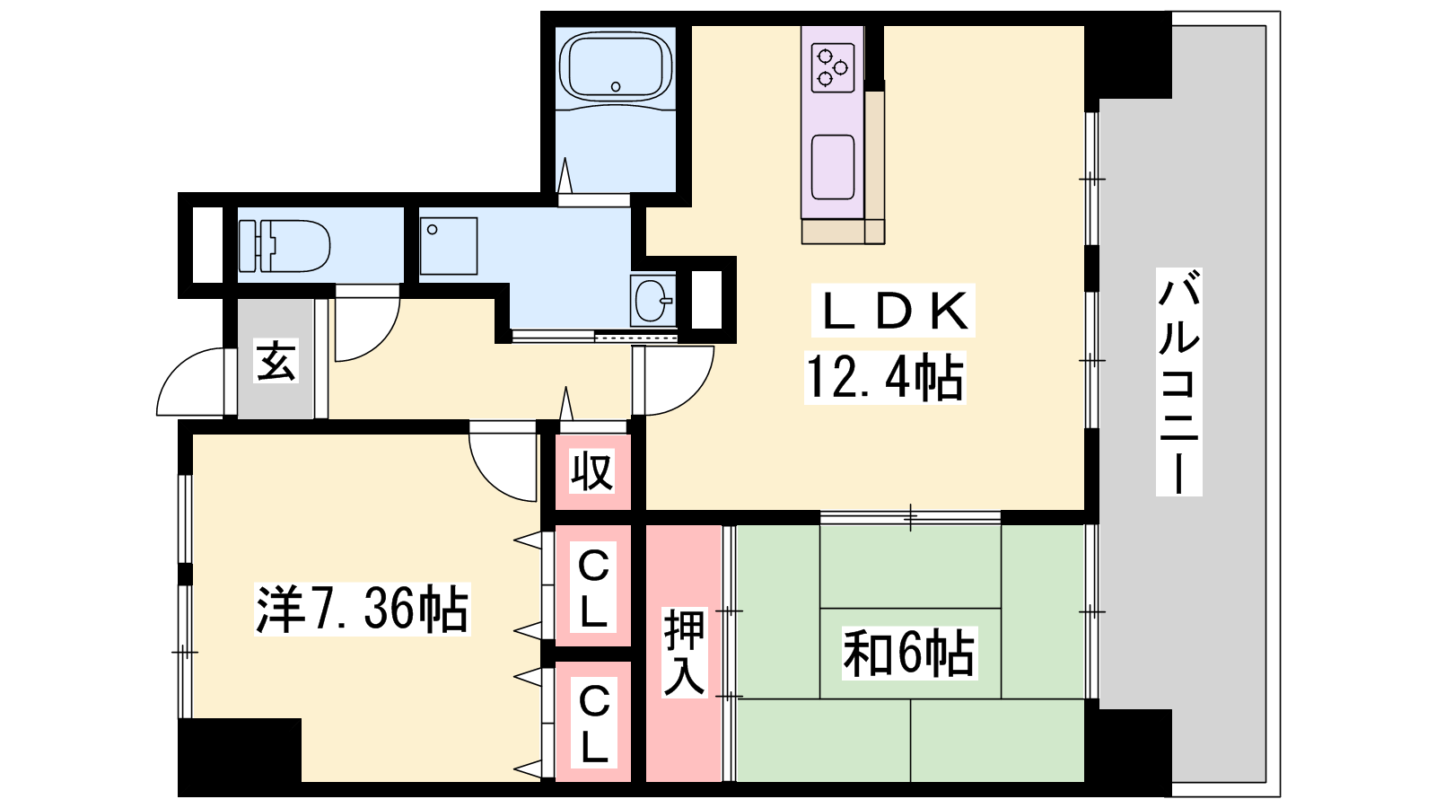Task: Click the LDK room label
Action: [x=894, y=311]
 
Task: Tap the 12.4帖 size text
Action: [x=885, y=378]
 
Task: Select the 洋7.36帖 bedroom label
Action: [x=363, y=610]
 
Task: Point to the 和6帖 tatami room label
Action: [x=908, y=654]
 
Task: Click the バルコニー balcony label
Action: [x=1178, y=382]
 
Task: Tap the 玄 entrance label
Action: [x=276, y=361]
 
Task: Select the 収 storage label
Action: [x=592, y=471]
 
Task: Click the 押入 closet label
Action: [x=684, y=653]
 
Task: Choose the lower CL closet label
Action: [x=593, y=724]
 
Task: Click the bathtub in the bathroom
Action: [x=616, y=66]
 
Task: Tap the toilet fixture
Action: [x=285, y=246]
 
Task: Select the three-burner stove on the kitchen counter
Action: [x=832, y=68]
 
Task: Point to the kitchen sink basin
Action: [x=833, y=167]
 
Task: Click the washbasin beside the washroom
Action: [x=652, y=300]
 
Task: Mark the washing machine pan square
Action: [x=449, y=246]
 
